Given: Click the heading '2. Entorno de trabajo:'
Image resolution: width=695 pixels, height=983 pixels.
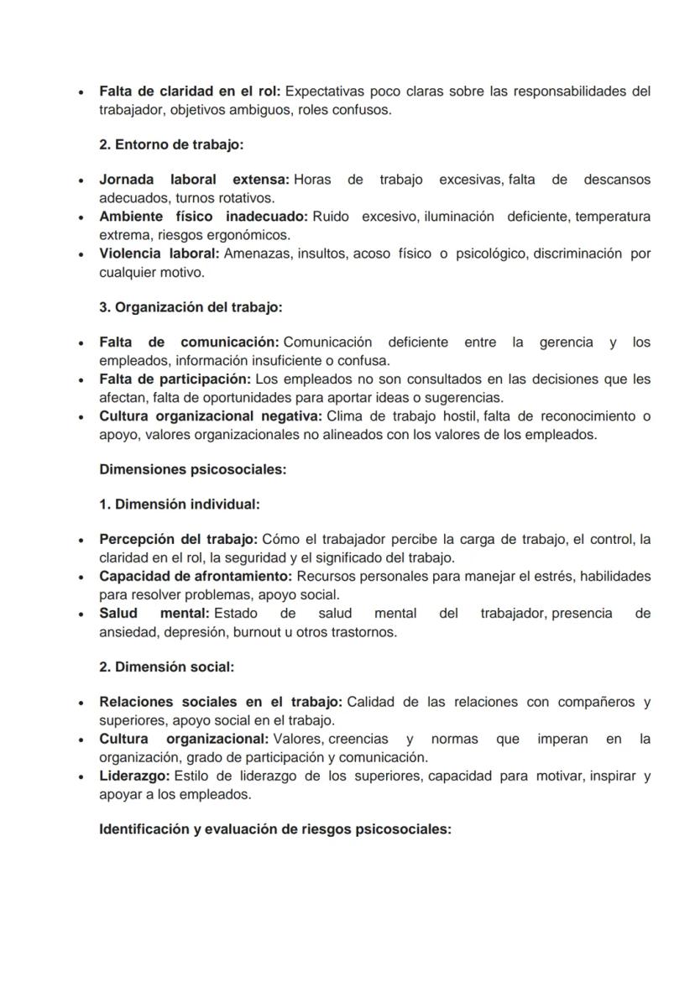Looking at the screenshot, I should tap(171, 144).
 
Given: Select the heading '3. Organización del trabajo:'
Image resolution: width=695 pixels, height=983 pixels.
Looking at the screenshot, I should tap(191, 307).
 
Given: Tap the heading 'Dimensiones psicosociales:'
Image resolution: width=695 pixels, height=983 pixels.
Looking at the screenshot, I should tap(192, 469).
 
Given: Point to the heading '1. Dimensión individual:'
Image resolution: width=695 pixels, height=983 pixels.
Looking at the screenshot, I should tap(179, 505).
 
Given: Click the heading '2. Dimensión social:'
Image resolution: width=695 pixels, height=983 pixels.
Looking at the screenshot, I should tap(166, 667).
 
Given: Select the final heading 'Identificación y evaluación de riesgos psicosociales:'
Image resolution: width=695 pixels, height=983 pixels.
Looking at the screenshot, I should tap(275, 829).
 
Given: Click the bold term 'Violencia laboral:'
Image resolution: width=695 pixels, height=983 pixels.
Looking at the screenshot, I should tap(159, 254).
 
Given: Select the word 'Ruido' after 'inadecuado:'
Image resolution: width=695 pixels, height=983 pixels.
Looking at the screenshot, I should tap(331, 217).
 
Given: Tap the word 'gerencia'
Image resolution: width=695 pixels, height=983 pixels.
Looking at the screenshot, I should tap(566, 342).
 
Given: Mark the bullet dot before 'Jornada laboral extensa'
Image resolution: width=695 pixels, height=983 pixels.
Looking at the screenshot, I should tap(80, 180).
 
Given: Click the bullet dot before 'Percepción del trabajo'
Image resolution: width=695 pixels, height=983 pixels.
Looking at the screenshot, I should tap(80, 540).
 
